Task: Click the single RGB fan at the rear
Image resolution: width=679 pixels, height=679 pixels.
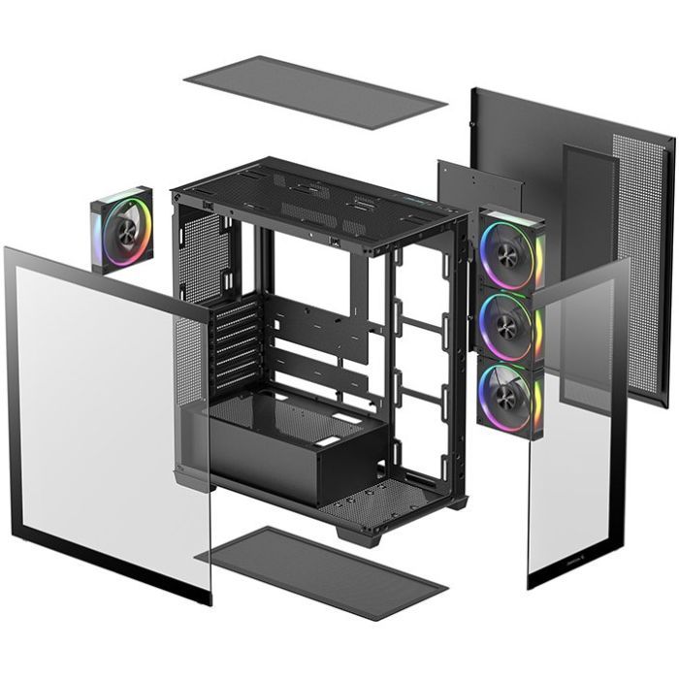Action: [122, 230]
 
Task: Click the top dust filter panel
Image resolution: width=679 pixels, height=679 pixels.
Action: [314, 92]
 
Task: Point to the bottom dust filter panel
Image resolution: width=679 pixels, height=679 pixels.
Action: [320, 572]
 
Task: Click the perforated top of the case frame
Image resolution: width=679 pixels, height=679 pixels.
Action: [320, 199]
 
